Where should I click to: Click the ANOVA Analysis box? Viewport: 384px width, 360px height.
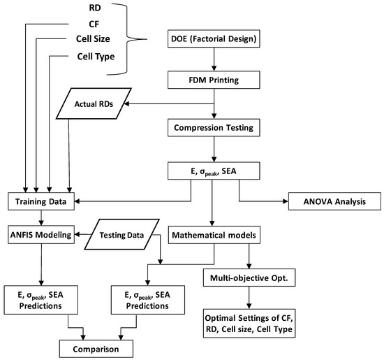click(x=334, y=203)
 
